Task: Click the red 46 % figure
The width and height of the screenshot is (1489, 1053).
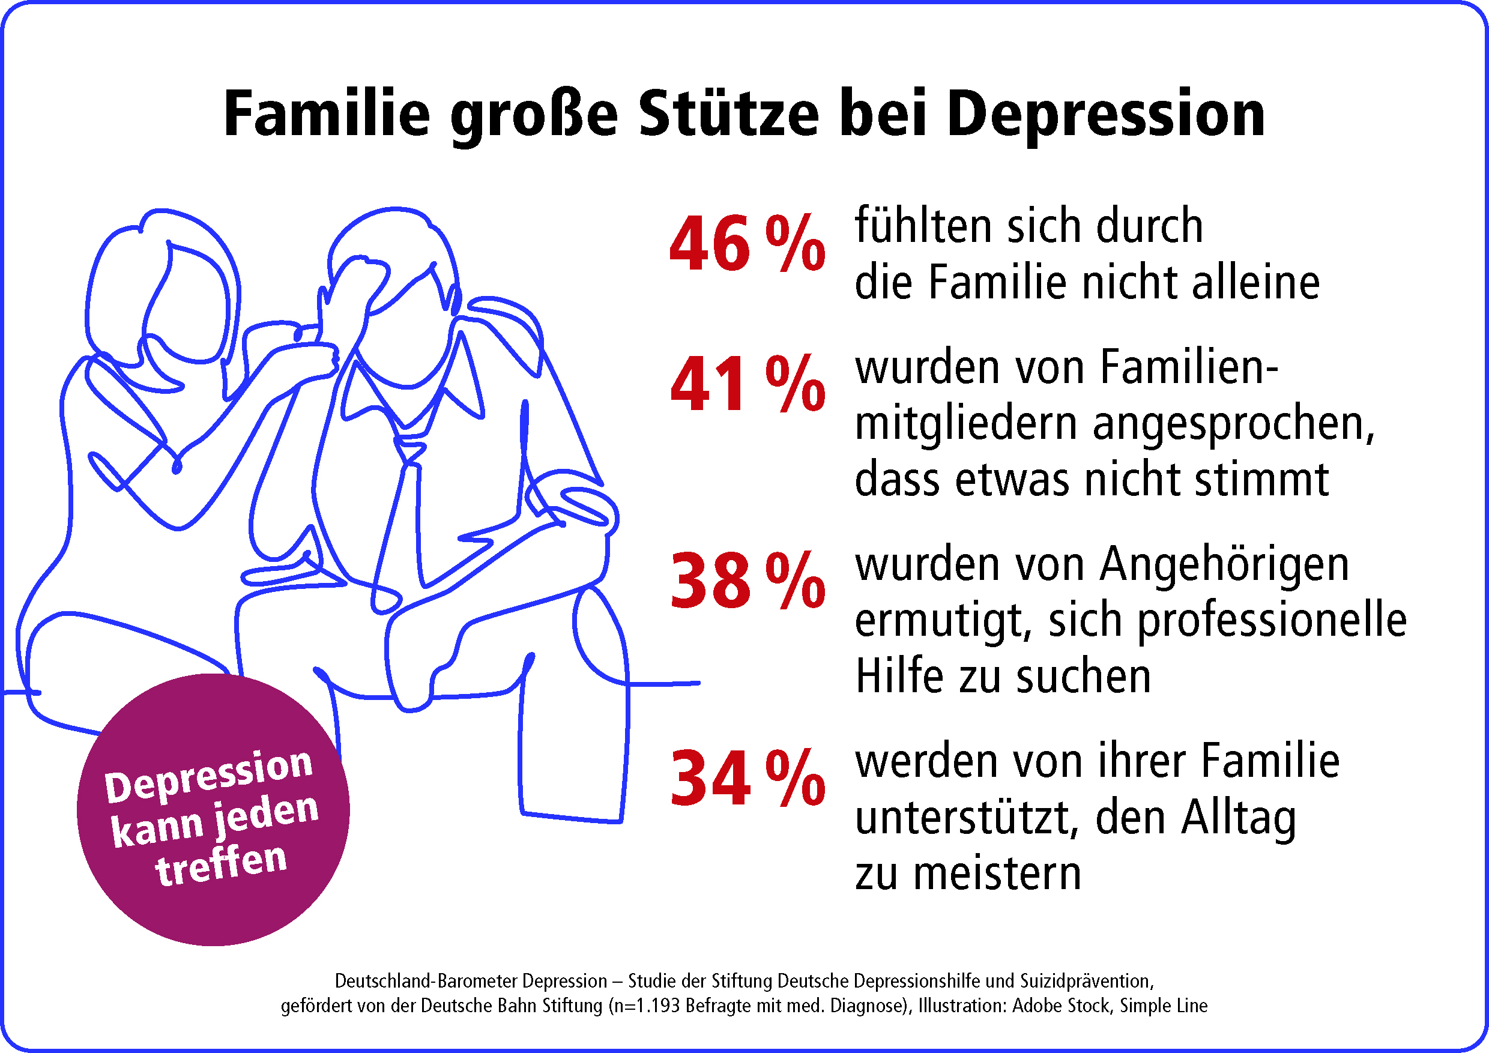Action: click(747, 244)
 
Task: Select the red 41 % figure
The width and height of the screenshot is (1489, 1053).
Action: click(747, 384)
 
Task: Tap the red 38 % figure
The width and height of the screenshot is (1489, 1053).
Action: click(747, 581)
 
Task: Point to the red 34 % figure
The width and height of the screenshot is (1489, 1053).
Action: click(747, 778)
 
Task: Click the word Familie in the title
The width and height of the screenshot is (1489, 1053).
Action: click(326, 114)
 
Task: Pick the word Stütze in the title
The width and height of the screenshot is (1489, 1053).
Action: click(728, 114)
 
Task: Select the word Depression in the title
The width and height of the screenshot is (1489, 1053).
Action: click(1106, 114)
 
